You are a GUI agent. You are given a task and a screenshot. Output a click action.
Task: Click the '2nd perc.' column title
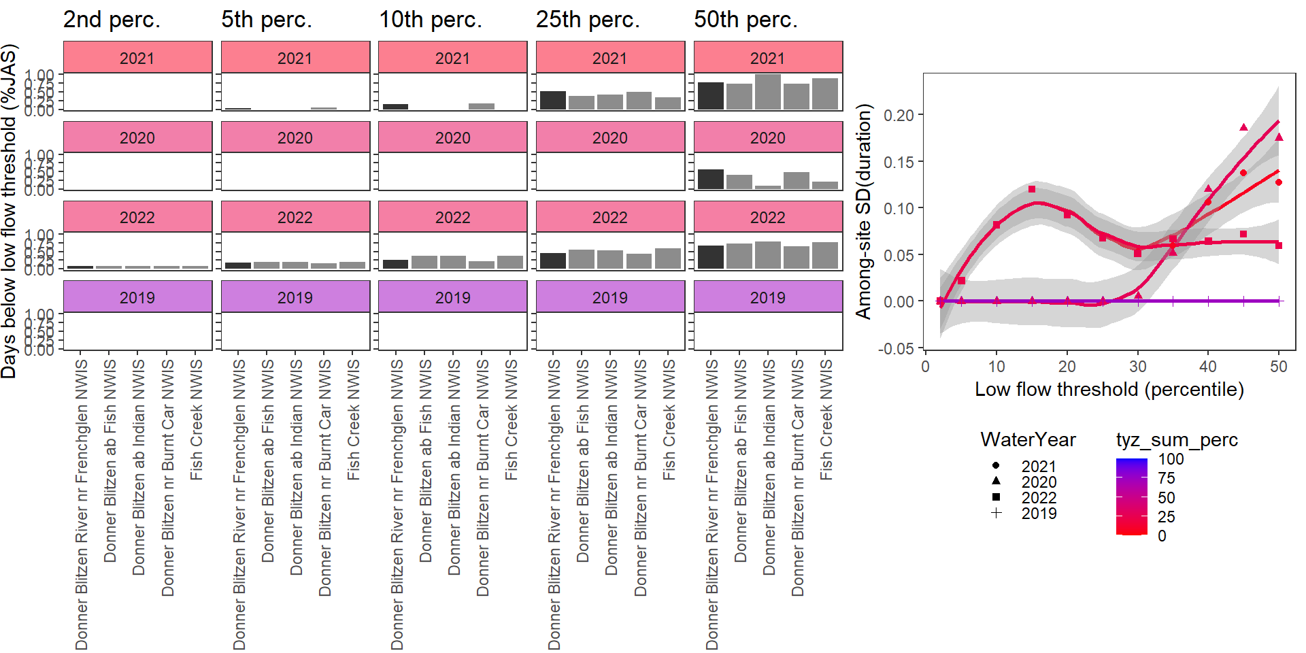pyautogui.click(x=112, y=20)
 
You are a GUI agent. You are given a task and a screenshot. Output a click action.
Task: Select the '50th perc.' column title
pyautogui.click(x=746, y=20)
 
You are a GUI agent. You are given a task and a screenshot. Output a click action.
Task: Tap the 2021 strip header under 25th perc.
pyautogui.click(x=610, y=58)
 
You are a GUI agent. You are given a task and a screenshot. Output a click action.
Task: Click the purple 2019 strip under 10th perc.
pyautogui.click(x=452, y=297)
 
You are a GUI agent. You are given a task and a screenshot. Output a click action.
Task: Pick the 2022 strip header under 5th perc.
pyautogui.click(x=295, y=218)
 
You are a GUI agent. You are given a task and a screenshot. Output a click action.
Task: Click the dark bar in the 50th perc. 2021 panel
pyautogui.click(x=711, y=96)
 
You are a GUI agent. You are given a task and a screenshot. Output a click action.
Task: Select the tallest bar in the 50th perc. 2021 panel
pyautogui.click(x=768, y=92)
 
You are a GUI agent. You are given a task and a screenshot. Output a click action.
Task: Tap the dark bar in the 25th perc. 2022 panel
pyautogui.click(x=553, y=261)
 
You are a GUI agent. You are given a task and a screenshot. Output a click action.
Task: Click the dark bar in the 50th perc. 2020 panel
pyautogui.click(x=711, y=180)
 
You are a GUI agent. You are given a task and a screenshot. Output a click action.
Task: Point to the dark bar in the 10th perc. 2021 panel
pyautogui.click(x=395, y=107)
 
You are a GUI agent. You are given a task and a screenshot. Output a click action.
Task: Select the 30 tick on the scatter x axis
pyautogui.click(x=1138, y=367)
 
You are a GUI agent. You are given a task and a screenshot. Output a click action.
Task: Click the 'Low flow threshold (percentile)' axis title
pyautogui.click(x=1109, y=389)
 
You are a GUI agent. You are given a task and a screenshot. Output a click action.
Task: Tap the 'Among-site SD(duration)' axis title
pyautogui.click(x=863, y=211)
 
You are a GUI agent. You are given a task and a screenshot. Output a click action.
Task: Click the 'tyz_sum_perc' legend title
pyautogui.click(x=1177, y=440)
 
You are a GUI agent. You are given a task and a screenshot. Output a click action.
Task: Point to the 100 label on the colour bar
pyautogui.click(x=1171, y=459)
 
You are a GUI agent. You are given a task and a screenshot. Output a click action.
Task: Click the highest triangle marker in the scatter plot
pyautogui.click(x=1243, y=127)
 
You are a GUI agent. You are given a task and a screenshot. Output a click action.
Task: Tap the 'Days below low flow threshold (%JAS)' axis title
pyautogui.click(x=9, y=211)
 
